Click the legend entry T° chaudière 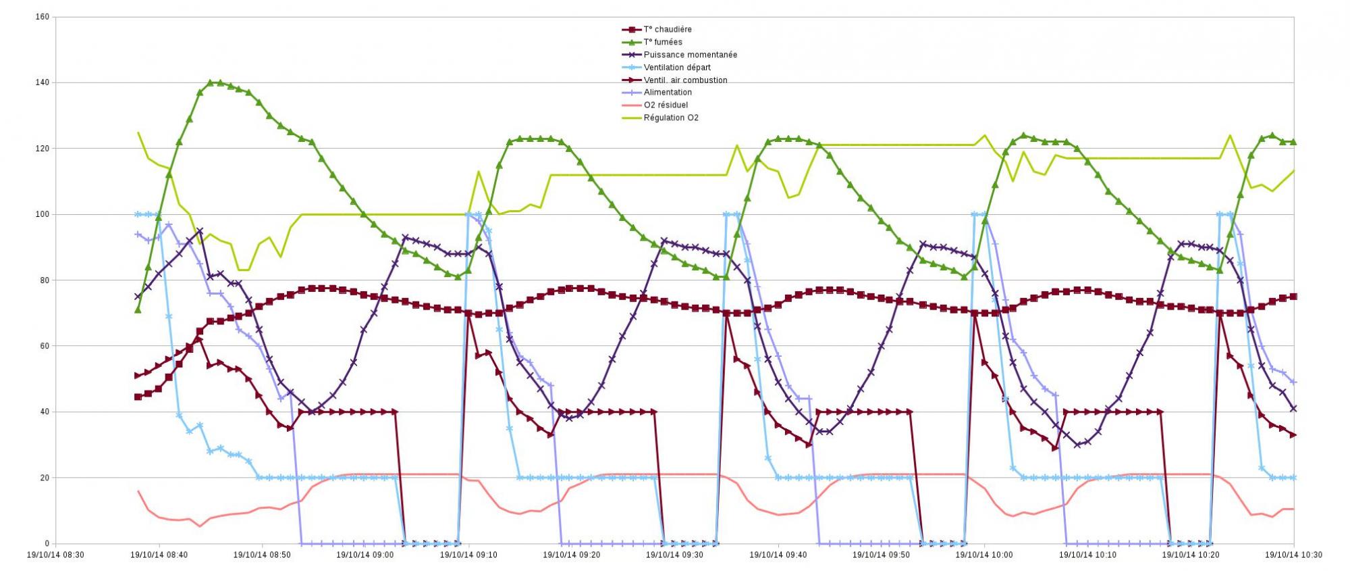[x=667, y=30]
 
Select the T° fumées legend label [x=663, y=42]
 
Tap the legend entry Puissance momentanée [x=690, y=55]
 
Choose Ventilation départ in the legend [x=677, y=68]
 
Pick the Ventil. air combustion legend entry [x=685, y=80]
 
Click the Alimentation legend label [x=668, y=93]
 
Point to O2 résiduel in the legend [x=666, y=105]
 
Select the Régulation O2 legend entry [x=671, y=118]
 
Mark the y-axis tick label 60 [x=44, y=346]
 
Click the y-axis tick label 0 [x=47, y=543]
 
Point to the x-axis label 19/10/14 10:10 [x=1087, y=555]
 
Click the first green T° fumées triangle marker [x=138, y=309]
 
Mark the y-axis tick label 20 [x=44, y=478]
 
